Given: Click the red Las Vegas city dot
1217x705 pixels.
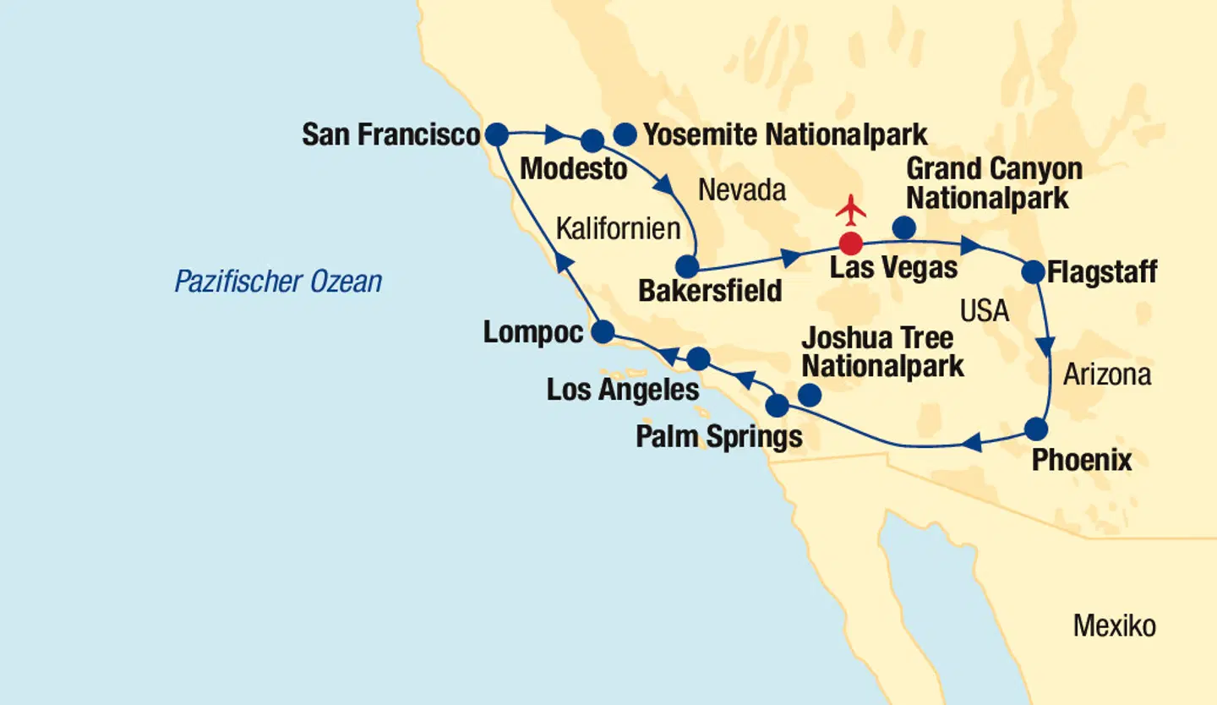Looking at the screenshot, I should coord(850,243).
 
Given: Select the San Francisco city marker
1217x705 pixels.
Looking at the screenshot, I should coord(496,134).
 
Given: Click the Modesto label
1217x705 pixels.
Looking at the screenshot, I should coord(574,168).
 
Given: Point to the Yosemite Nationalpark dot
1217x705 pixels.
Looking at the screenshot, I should coord(625,134).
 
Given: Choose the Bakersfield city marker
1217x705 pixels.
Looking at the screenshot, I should coord(688,268).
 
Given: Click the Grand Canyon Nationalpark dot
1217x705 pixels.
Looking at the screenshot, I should coord(903,227).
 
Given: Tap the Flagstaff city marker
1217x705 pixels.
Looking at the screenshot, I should coord(1033,272).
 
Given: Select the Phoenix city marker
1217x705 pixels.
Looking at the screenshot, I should coord(1036,429).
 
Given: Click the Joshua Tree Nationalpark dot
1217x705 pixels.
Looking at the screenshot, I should coord(809,395).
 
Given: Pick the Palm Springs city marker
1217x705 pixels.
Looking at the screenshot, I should coord(777,406).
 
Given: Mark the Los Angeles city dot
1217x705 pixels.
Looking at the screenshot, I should coord(698,359).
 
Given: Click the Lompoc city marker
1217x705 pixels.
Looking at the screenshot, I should coord(603,332).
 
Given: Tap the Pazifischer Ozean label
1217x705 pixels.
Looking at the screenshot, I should coord(278,281).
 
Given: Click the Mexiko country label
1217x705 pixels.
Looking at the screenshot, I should coord(1114,626).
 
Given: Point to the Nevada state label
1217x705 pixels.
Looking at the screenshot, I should coord(741,191).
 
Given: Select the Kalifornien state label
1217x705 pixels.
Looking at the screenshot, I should coord(618,228).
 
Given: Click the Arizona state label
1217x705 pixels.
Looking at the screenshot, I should coord(1106,374).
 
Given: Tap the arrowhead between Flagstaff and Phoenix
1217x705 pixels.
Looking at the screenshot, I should coord(1046,346).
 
